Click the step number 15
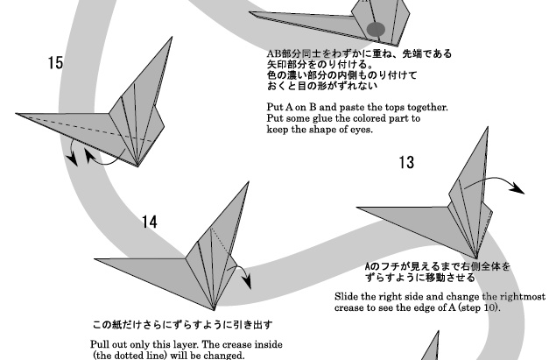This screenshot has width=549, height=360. coord(56,63)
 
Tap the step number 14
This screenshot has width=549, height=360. coord(150,222)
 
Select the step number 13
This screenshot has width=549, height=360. coord(406,162)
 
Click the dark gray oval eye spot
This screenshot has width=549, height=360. coord(376,29)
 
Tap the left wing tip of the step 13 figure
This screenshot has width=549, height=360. coord(358,208)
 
